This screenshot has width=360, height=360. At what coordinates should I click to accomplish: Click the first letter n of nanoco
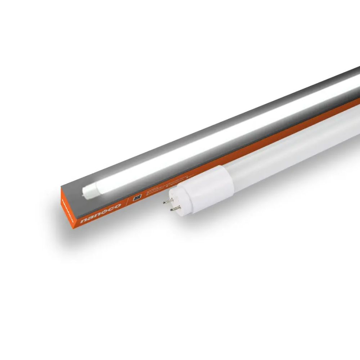point(84,220)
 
